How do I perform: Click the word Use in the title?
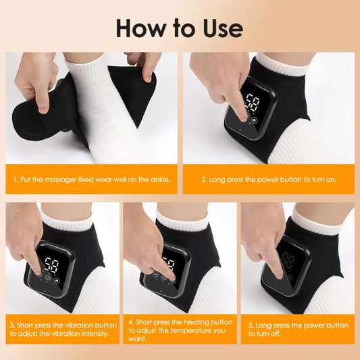(x=220, y=28)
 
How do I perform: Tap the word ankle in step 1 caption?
(x=159, y=180)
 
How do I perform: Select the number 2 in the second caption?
(x=204, y=180)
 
